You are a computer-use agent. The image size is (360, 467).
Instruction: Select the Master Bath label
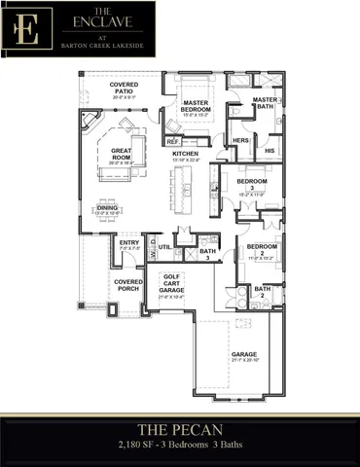[265, 103]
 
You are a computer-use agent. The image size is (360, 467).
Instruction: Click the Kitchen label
[186, 156]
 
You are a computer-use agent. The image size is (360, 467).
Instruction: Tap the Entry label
[128, 245]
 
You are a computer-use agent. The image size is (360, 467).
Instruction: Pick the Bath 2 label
[263, 292]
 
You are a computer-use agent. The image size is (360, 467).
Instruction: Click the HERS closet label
[242, 141]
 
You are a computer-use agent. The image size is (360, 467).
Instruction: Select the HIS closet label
[270, 152]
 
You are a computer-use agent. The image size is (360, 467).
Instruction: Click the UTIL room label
[165, 247]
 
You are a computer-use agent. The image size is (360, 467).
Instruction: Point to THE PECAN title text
[179, 428]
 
